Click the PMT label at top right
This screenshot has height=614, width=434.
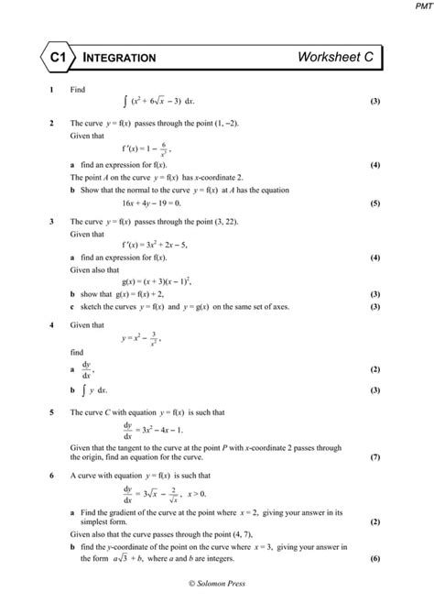click(x=419, y=7)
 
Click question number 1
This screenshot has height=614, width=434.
click(x=53, y=90)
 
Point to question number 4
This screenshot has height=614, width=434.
click(x=53, y=325)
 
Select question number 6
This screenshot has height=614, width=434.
click(x=53, y=476)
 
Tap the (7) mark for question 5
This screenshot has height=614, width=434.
click(x=375, y=456)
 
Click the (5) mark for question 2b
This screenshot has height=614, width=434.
click(x=375, y=203)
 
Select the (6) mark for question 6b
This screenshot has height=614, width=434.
click(x=375, y=557)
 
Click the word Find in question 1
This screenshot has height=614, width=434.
click(x=78, y=90)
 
